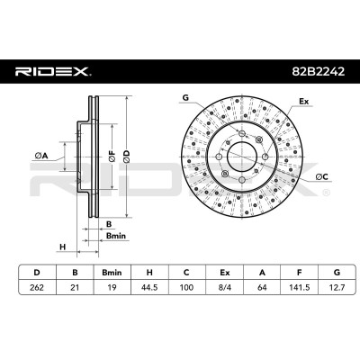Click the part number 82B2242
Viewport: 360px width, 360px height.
319,71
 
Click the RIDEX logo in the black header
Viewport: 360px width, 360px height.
53,72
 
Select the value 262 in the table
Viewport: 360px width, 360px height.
37,287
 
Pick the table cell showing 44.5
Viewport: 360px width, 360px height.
149,287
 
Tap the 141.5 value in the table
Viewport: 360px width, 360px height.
299,287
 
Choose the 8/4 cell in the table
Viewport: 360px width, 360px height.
224,287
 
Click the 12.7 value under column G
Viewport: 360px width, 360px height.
337,287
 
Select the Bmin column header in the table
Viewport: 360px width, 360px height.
112,273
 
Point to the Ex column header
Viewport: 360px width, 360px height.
224,273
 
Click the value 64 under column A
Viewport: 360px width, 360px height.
262,287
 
